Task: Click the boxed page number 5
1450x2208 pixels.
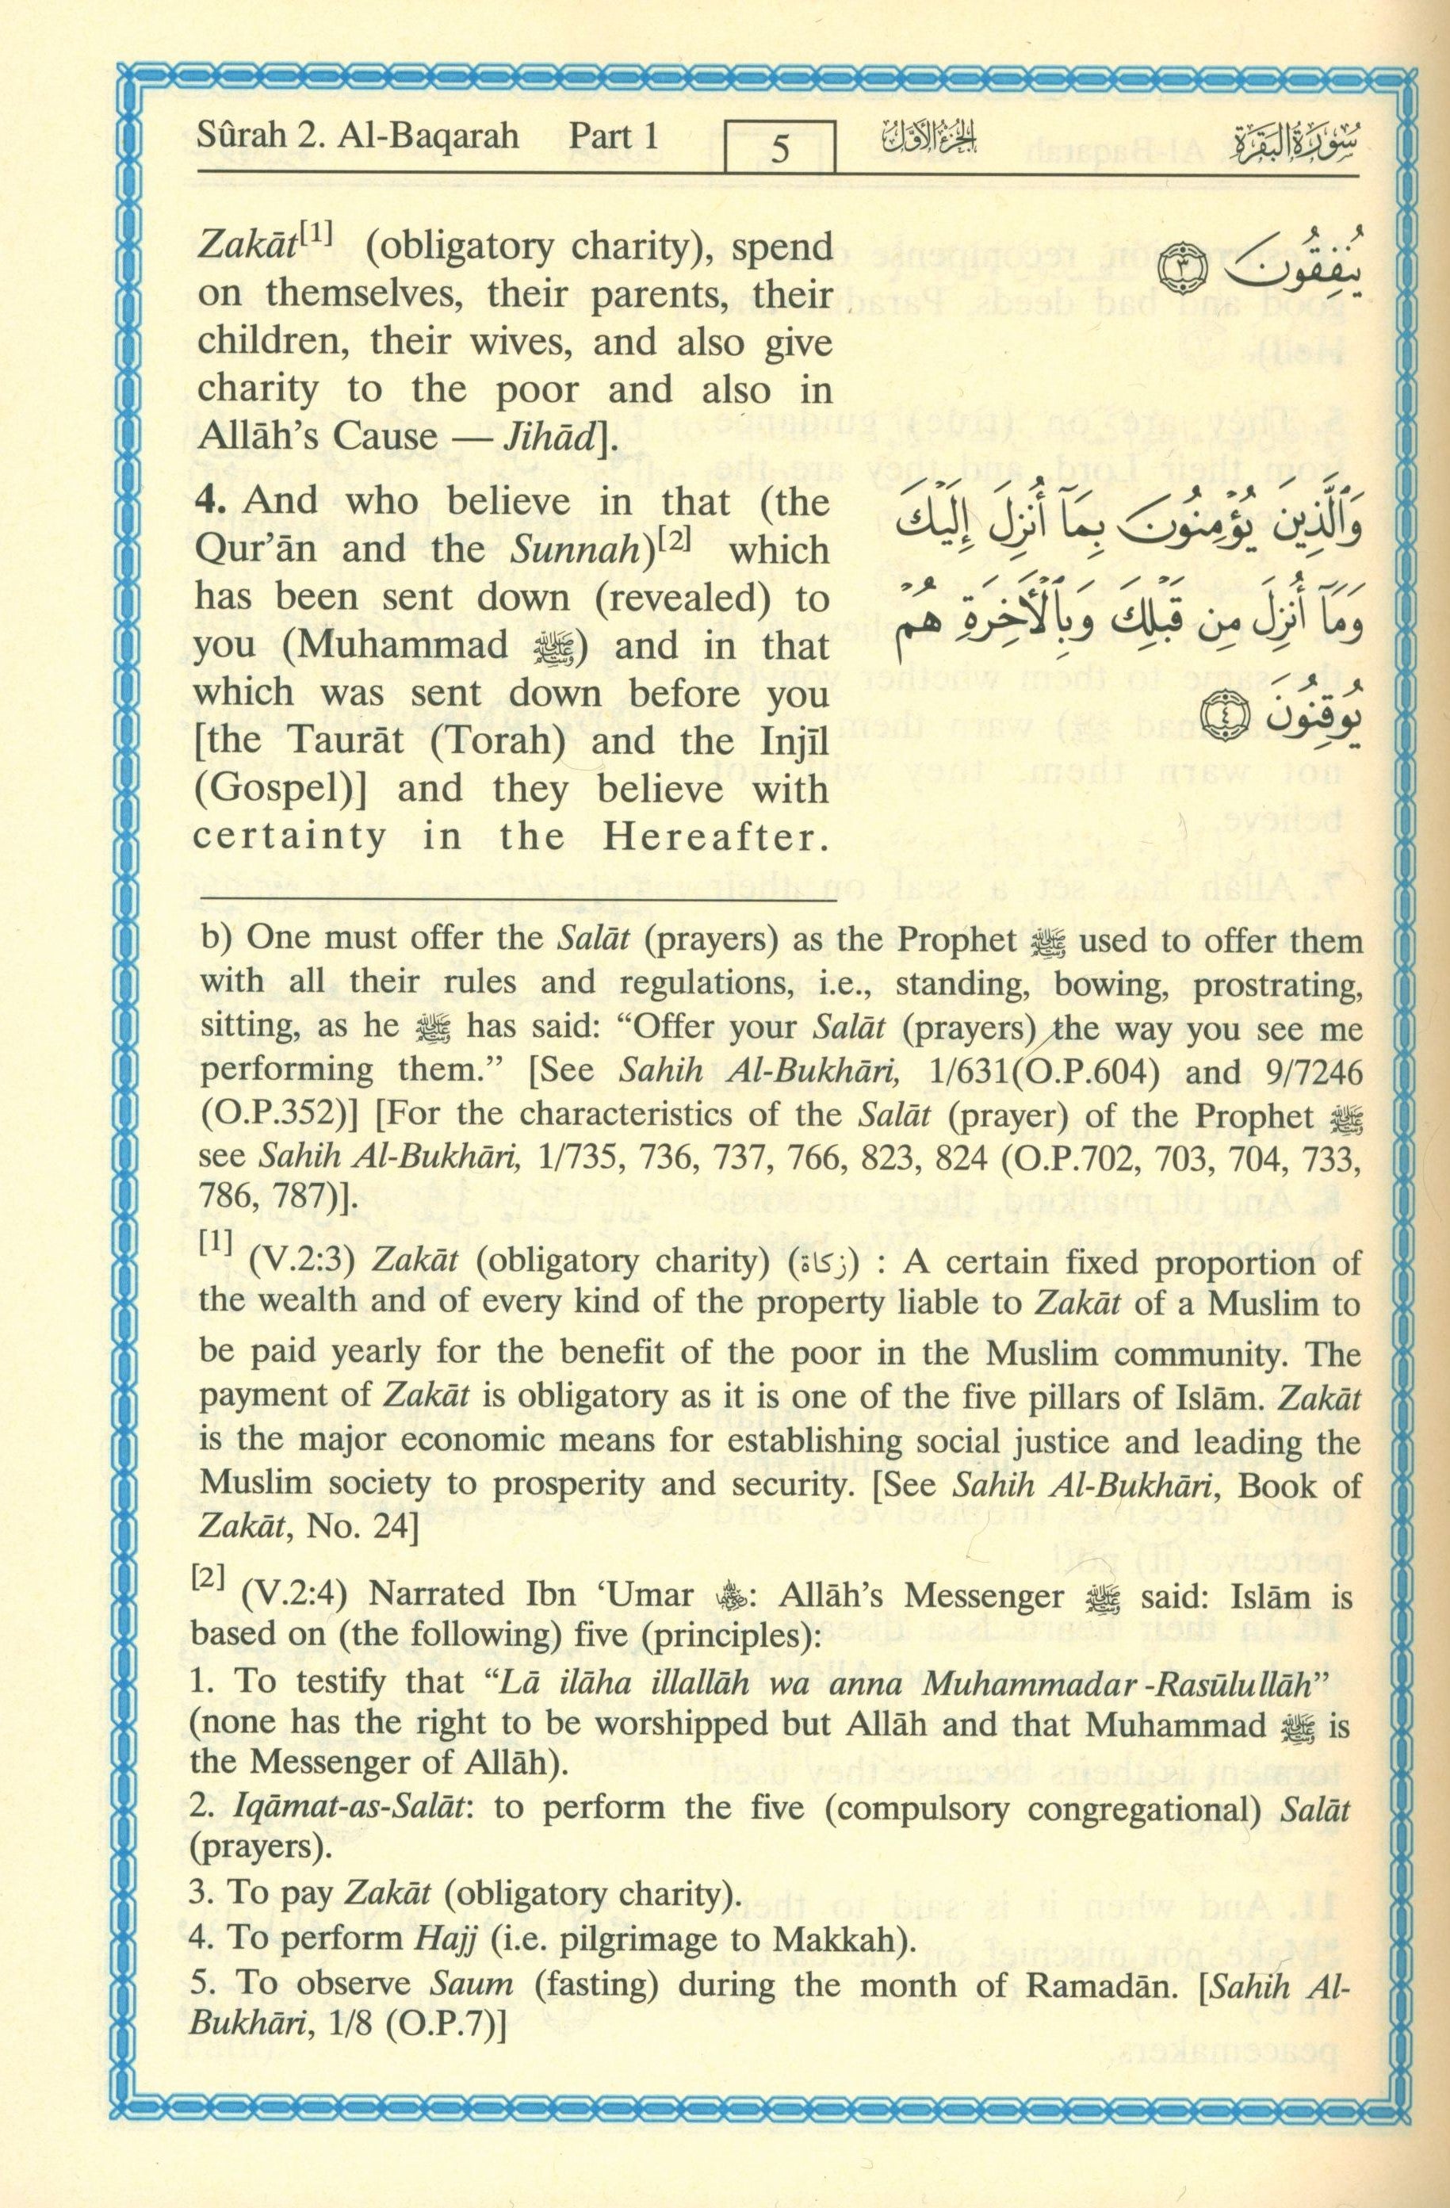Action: [x=779, y=149]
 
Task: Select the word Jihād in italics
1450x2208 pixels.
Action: [x=555, y=438]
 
